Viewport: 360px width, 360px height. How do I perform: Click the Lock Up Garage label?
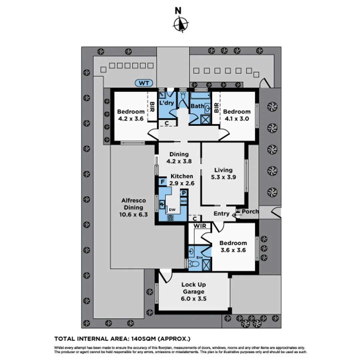click(x=194, y=292)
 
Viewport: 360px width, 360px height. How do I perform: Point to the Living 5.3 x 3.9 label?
click(x=223, y=174)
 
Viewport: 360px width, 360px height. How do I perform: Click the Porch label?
click(x=250, y=211)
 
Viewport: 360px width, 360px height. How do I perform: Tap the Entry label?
click(x=222, y=214)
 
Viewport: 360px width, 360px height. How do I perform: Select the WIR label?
click(x=202, y=226)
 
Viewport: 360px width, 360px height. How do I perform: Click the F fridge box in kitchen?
click(x=162, y=182)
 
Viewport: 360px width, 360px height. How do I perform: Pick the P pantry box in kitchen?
click(x=184, y=193)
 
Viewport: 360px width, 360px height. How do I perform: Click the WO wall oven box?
click(x=183, y=201)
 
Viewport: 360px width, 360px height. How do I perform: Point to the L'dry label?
click(x=166, y=103)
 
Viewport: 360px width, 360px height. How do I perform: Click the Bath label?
click(x=197, y=106)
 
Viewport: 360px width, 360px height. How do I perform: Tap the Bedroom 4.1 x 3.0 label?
click(x=237, y=115)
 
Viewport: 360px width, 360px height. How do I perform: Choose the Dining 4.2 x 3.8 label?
click(x=179, y=157)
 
